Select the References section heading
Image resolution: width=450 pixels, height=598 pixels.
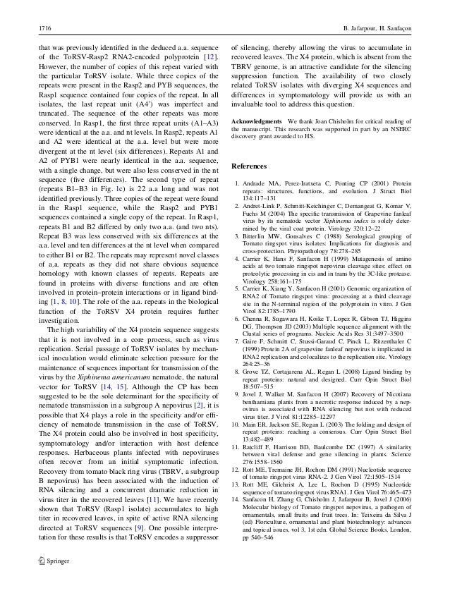252,167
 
